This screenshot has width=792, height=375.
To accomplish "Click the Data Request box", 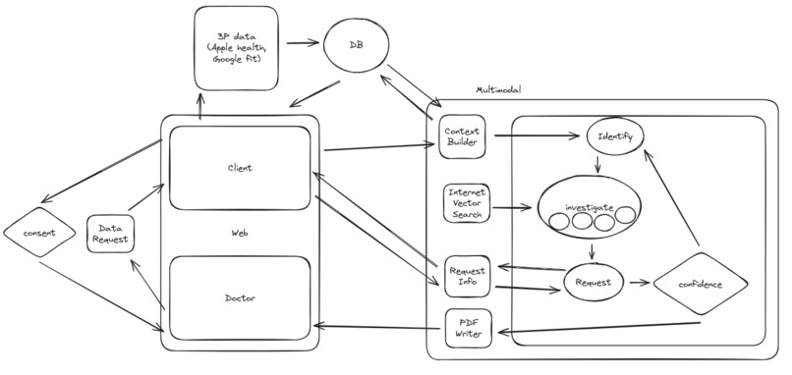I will (110, 234).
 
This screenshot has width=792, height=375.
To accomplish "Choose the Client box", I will (239, 167).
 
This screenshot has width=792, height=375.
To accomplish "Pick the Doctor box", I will (239, 297).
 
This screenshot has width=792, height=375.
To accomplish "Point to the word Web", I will (239, 233).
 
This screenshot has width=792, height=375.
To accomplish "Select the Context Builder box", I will (462, 136).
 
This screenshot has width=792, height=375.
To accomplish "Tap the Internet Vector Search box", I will (465, 202).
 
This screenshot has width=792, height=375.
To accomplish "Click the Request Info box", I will (465, 274).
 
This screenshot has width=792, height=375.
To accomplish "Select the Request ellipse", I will (594, 283).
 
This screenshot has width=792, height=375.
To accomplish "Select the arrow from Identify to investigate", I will (598, 161).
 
